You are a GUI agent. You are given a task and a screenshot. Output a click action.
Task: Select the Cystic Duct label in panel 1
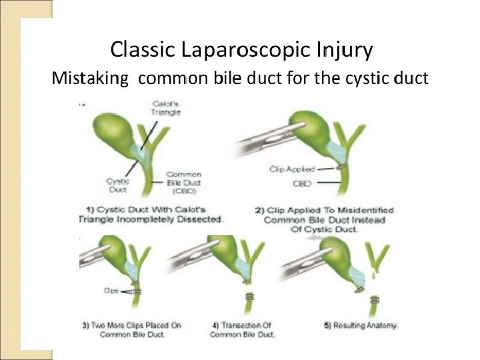117,184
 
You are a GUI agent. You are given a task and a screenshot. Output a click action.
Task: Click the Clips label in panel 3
111,290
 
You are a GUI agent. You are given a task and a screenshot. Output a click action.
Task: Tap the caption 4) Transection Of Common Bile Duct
243,329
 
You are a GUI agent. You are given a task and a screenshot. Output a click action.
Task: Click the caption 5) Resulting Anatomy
360,325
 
